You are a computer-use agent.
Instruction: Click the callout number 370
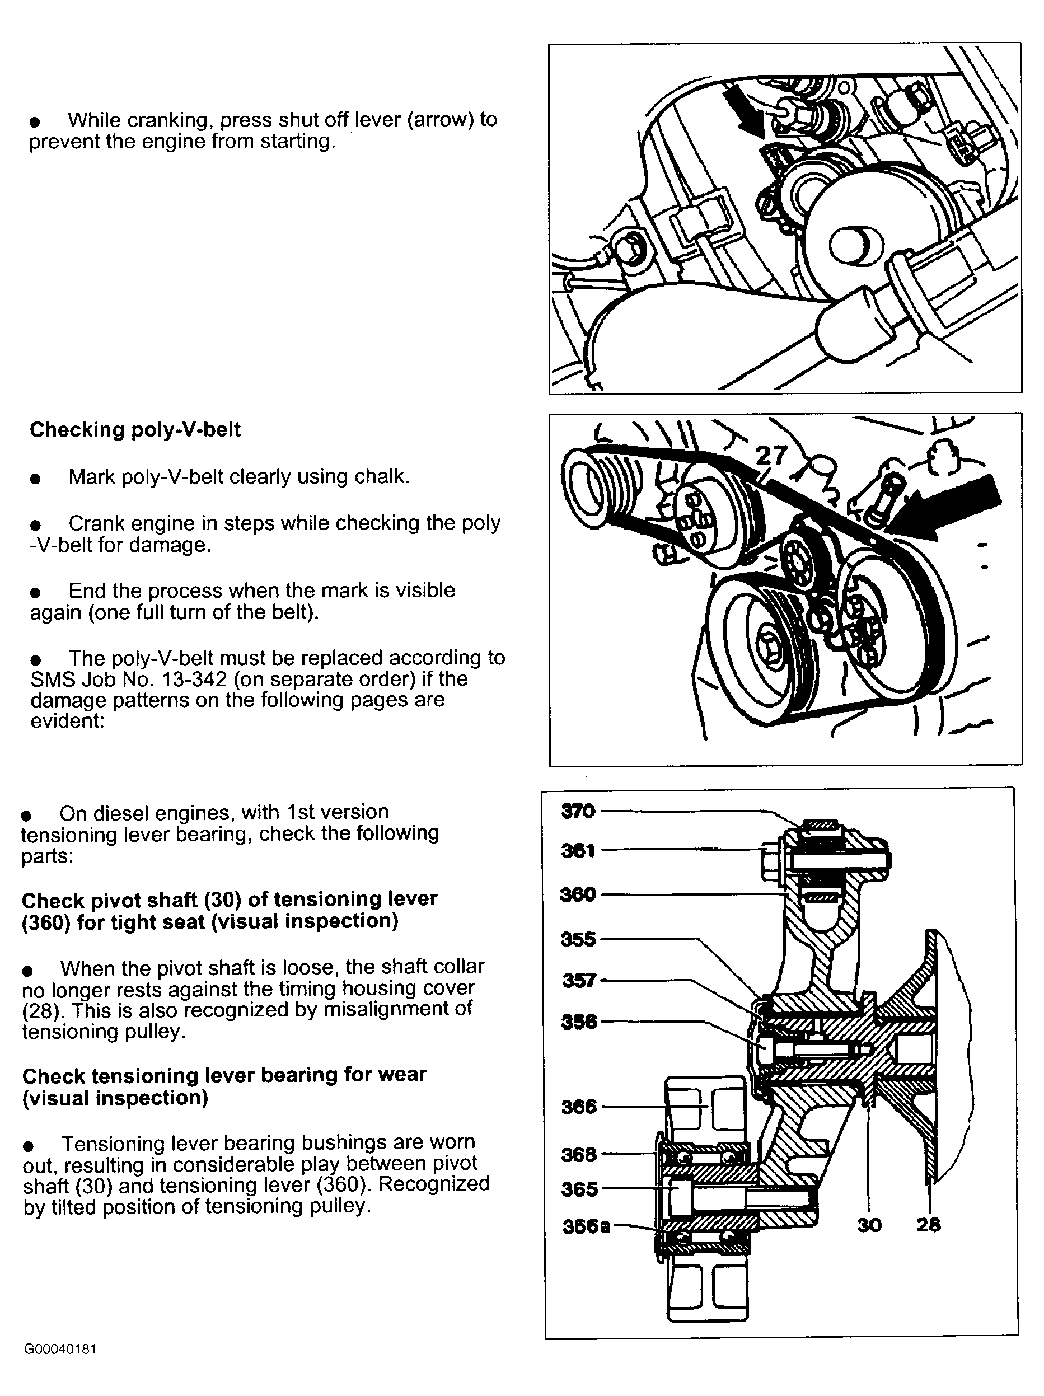pyautogui.click(x=578, y=811)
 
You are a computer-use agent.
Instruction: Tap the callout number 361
pyautogui.click(x=578, y=851)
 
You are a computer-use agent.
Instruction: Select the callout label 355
pyautogui.click(x=578, y=939)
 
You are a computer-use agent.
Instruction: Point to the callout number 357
pyautogui.click(x=579, y=980)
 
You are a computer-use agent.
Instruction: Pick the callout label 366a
pyautogui.click(x=586, y=1226)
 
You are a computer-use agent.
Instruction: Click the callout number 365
pyautogui.click(x=579, y=1189)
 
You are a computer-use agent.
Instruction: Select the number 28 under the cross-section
pyautogui.click(x=929, y=1225)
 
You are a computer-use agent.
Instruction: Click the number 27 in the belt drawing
pyautogui.click(x=771, y=455)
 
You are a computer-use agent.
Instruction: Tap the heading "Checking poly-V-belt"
pyautogui.click(x=135, y=430)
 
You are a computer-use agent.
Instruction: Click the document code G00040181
pyautogui.click(x=60, y=1350)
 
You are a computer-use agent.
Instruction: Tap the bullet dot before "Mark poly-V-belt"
pyautogui.click(x=35, y=479)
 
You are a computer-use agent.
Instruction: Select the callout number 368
pyautogui.click(x=579, y=1154)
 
